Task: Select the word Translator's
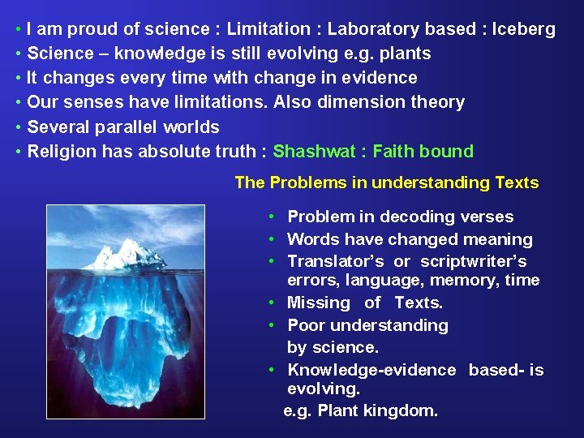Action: click(337, 261)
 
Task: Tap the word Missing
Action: click(319, 303)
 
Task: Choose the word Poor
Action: click(305, 325)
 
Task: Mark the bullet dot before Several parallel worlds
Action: click(18, 127)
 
